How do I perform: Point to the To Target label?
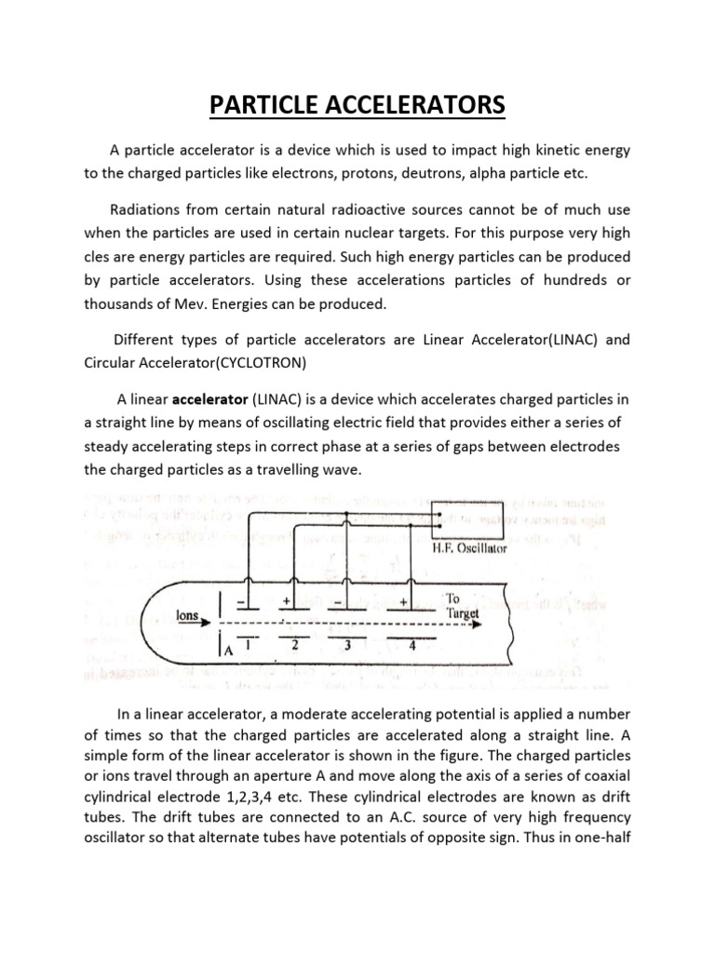[463, 607]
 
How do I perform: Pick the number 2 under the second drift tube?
[296, 642]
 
